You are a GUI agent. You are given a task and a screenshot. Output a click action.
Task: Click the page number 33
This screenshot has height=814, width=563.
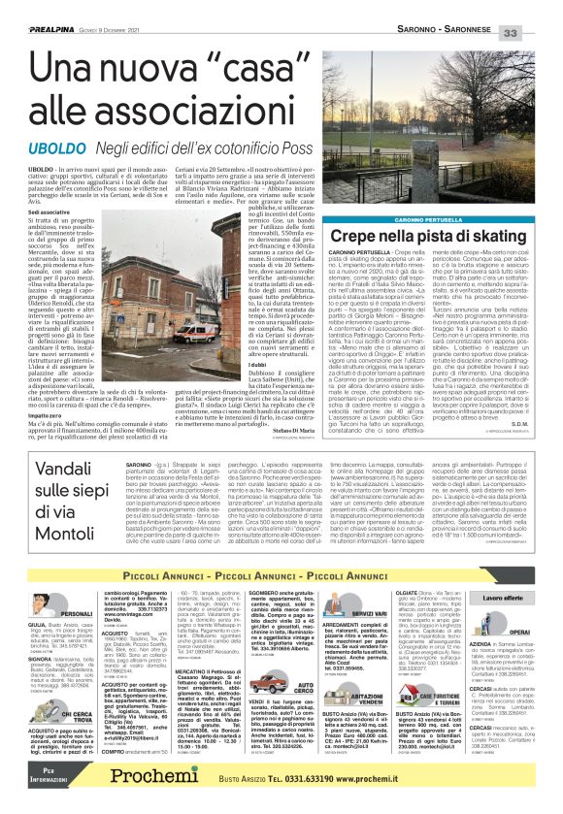540,8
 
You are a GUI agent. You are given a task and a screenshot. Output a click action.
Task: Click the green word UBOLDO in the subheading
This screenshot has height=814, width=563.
50,146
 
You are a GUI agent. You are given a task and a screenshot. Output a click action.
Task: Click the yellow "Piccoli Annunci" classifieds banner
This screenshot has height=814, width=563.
281,575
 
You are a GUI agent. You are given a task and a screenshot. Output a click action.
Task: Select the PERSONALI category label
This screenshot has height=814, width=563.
76,613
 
